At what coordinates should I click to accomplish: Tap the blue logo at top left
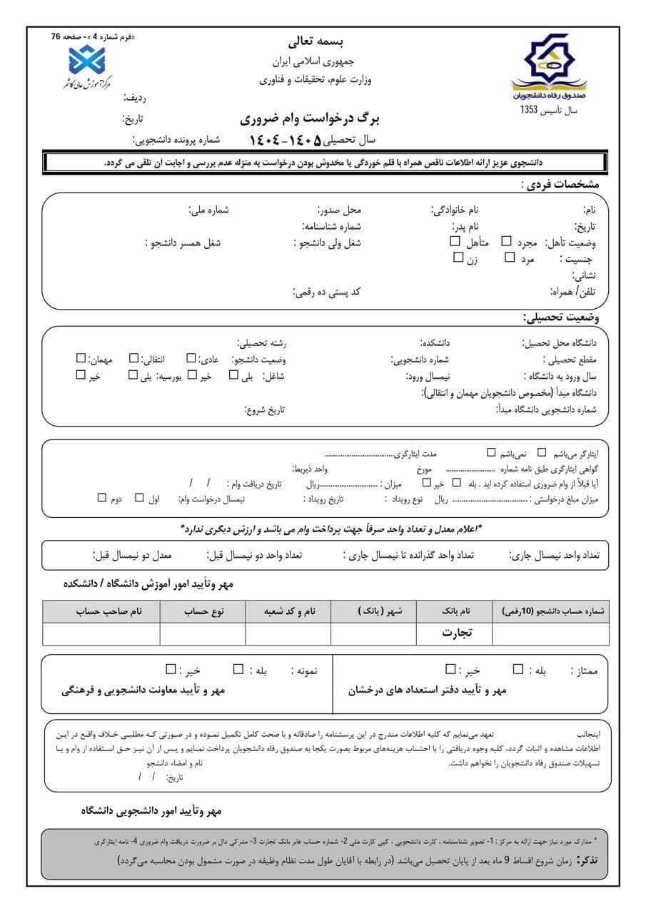[x=86, y=60]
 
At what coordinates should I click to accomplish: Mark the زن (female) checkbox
[x=458, y=257]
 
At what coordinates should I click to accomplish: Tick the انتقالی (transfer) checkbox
[x=133, y=358]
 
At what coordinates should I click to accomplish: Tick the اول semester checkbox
[x=139, y=497]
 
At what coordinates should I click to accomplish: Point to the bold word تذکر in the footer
[x=590, y=861]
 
